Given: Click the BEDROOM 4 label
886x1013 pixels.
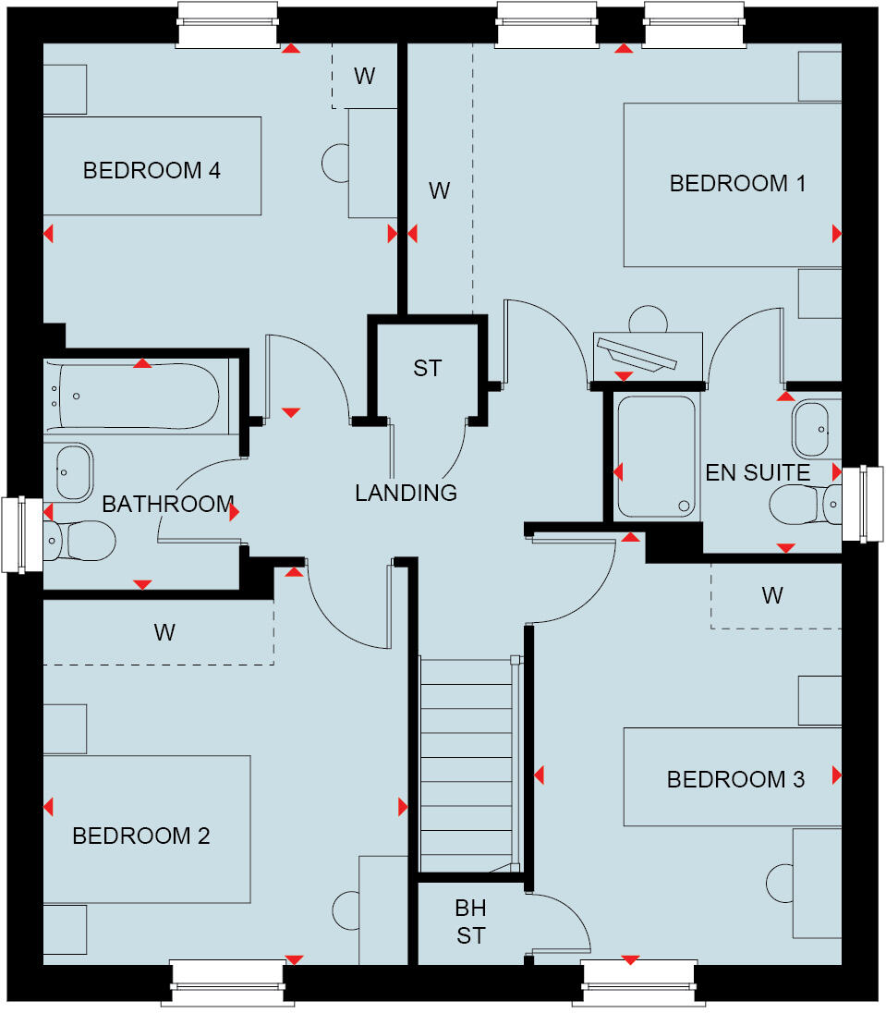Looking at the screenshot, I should coord(152,171).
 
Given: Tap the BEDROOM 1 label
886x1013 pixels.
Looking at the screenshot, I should coord(737,184).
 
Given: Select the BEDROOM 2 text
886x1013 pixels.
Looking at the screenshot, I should coord(141,836).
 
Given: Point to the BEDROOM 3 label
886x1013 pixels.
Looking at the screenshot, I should coord(735,780).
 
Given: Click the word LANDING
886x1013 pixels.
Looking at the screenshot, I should coord(406,494).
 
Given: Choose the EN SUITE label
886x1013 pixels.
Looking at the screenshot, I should coord(758,473).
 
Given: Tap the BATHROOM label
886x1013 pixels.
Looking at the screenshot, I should coord(167,505).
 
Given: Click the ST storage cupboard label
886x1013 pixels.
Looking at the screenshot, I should coord(427,369).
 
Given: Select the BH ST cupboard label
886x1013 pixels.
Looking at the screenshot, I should coord(470,922).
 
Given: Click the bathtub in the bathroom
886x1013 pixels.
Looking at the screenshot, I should coord(137,396).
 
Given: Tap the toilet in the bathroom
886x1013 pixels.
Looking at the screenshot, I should coord(81,540).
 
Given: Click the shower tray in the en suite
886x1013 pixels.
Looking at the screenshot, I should coord(655,456).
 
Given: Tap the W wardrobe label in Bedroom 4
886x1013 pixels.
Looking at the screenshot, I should coord(364,77).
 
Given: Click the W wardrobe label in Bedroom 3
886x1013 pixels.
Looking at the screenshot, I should coord(772,596).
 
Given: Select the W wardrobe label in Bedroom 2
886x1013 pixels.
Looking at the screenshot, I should coord(164,633).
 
